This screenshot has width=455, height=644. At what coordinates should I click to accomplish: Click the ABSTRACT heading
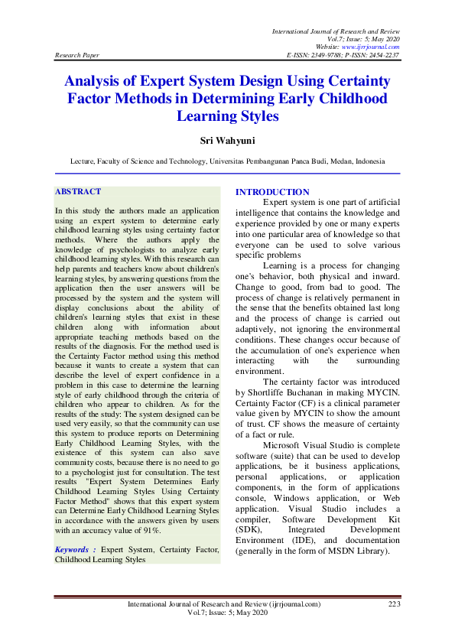click(x=79, y=191)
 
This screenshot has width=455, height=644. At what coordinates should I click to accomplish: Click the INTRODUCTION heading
click(x=272, y=192)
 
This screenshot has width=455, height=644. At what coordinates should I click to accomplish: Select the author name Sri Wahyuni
click(x=227, y=141)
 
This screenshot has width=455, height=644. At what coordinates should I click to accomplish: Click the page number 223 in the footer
click(x=394, y=604)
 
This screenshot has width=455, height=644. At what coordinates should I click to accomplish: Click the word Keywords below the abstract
click(x=74, y=549)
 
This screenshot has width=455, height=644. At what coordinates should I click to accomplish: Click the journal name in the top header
click(x=336, y=30)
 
